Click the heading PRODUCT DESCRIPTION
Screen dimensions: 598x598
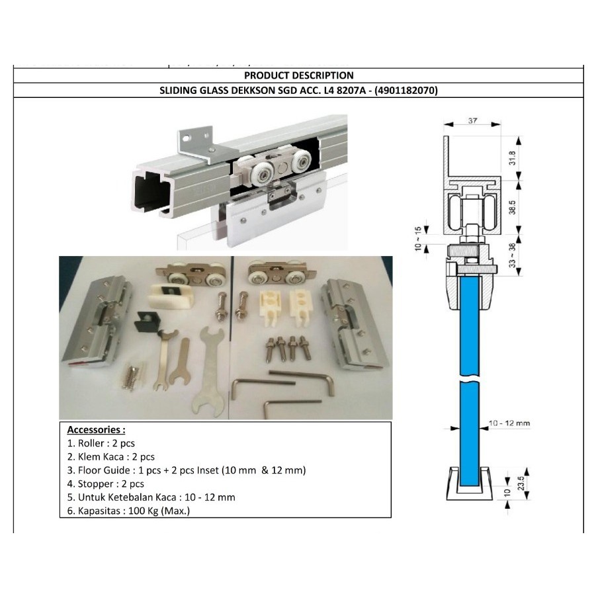coord(298,75)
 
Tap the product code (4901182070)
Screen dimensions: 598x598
coord(406,91)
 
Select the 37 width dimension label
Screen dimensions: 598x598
coord(472,120)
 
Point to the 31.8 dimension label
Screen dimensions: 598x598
coord(512,158)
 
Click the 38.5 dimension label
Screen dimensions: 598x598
coord(512,208)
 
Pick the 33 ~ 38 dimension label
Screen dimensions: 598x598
coord(512,255)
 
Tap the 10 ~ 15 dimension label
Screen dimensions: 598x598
coord(418,239)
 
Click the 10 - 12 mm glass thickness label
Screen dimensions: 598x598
coord(509,423)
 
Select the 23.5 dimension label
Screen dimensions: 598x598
coord(521,483)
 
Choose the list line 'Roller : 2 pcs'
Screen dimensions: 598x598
coord(101,443)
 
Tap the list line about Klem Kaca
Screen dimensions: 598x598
coord(111,456)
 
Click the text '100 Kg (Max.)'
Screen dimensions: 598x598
coord(159,511)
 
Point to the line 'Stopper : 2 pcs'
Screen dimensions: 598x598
coord(106,484)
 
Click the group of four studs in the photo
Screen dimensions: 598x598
coord(288,348)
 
